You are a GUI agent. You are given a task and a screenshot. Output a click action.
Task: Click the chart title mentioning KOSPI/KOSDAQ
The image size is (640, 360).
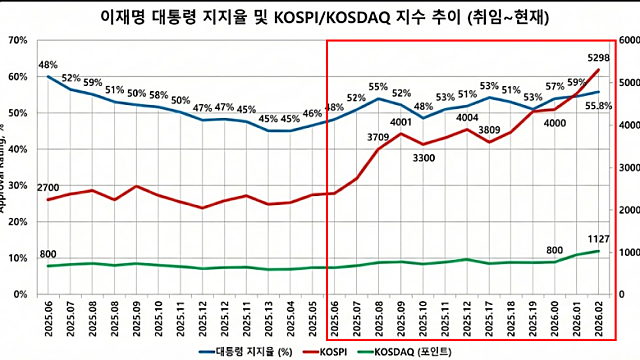[x=320, y=16]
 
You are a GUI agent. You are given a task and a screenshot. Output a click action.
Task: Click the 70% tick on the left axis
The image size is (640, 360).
[x=18, y=40]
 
